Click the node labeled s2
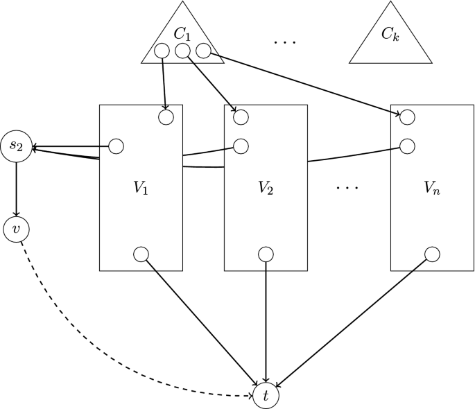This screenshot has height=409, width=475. pyautogui.click(x=16, y=146)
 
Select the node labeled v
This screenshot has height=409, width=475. pyautogui.click(x=16, y=229)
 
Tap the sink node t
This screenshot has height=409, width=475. pyautogui.click(x=266, y=395)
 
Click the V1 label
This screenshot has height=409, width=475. pyautogui.click(x=141, y=187)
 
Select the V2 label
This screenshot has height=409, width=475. pyautogui.click(x=266, y=187)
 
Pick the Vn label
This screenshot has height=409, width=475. pyautogui.click(x=432, y=187)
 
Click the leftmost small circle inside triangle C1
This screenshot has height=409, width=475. pyautogui.click(x=162, y=51)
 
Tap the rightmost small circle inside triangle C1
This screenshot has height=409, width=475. pyautogui.click(x=203, y=51)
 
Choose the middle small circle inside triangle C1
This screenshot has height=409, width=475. pyautogui.click(x=182, y=51)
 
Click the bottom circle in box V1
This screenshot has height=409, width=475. pyautogui.click(x=141, y=254)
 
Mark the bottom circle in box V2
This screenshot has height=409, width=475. pyautogui.click(x=266, y=254)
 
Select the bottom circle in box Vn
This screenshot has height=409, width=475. pyautogui.click(x=432, y=254)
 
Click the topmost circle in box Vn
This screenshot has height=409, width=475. pyautogui.click(x=408, y=116)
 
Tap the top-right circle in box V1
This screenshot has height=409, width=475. pyautogui.click(x=166, y=117)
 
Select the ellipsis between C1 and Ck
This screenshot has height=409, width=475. pyautogui.click(x=285, y=42)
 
